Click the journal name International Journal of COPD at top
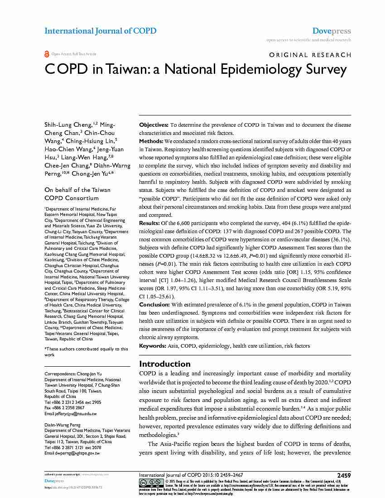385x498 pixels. [x=100, y=31]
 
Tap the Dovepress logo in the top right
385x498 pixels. [x=332, y=31]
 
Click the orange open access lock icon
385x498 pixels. [x=47, y=54]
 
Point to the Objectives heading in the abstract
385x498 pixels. [x=154, y=124]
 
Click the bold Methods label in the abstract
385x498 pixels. [x=151, y=142]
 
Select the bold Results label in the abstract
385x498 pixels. [x=149, y=223]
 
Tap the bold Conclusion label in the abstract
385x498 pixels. [x=154, y=305]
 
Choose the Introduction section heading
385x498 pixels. [x=164, y=364]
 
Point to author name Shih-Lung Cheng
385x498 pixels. [x=68, y=124]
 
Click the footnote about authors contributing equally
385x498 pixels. [x=86, y=352]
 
